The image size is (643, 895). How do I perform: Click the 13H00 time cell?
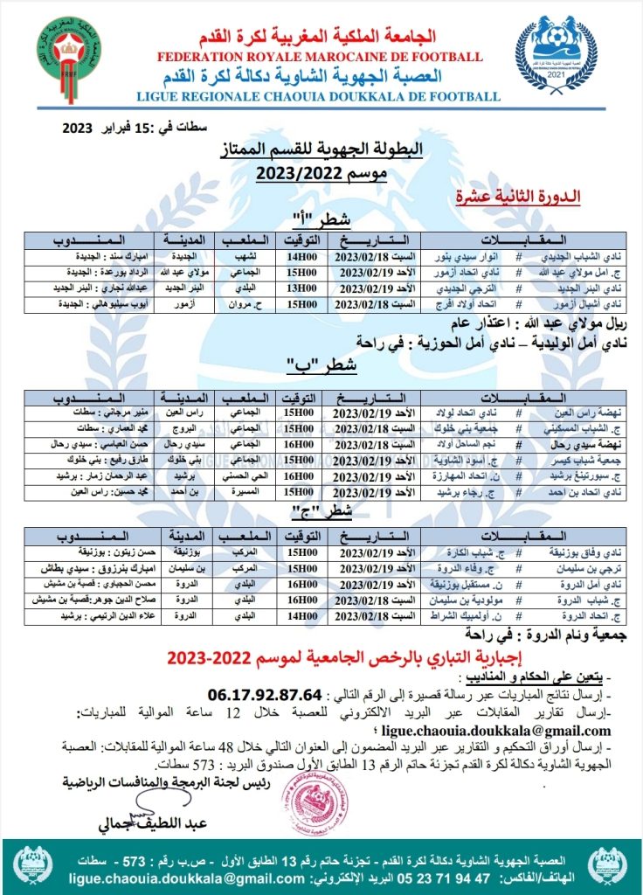[299, 288]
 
